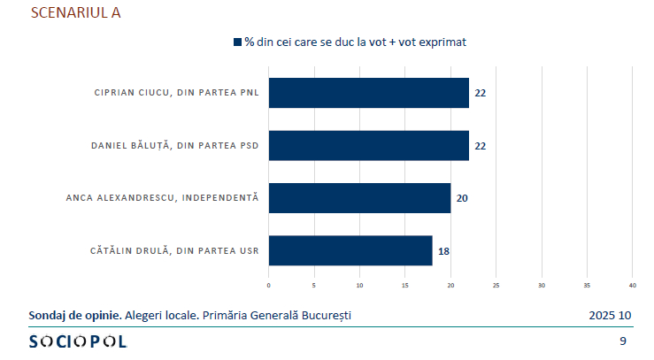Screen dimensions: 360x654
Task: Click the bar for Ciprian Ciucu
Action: pos(368,93)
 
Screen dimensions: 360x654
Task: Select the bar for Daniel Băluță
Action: pos(368,145)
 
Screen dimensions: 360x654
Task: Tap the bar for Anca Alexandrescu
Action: pos(359,197)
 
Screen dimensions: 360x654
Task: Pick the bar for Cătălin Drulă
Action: pos(350,250)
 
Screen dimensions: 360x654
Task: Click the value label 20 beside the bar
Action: pos(461,198)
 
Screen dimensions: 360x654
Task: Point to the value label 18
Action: pos(443,251)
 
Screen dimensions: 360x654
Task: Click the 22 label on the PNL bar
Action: pos(480,93)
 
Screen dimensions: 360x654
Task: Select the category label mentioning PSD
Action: pos(175,145)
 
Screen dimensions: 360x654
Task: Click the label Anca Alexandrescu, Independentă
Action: pos(162,197)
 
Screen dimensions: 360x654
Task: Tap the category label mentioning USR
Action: pos(174,250)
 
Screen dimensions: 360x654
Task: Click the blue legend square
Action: pos(237,42)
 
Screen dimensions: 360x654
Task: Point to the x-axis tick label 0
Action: pos(269,285)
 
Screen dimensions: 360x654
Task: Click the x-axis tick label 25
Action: pos(496,285)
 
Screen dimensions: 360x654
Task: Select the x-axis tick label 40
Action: pos(633,285)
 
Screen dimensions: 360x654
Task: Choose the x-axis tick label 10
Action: pos(360,285)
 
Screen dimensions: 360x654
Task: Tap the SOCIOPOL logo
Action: pos(78,341)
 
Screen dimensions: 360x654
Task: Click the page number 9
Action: pos(623,341)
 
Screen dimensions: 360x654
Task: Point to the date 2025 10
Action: pos(610,315)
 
